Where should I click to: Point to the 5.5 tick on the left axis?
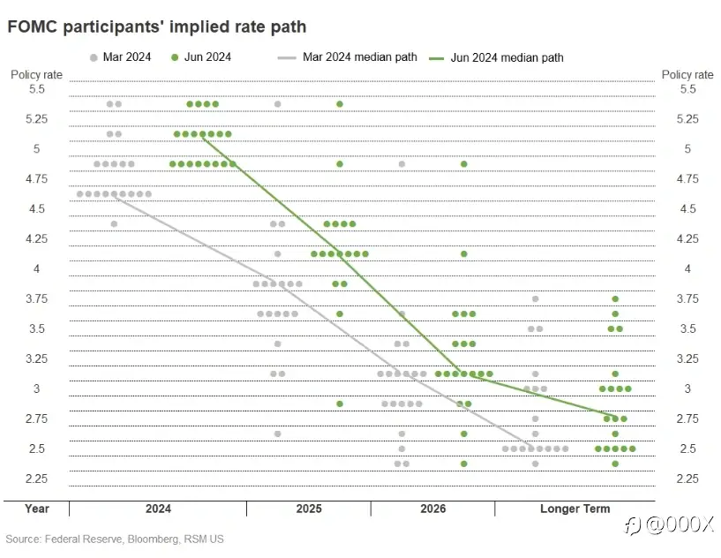coord(36,89)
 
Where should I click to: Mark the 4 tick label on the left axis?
coord(36,268)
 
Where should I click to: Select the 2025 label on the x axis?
coord(309,509)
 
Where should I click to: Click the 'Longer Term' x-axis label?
coord(575,509)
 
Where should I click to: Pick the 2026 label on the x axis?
coord(432,509)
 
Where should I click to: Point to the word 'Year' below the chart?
coord(37,509)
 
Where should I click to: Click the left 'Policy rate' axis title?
coord(36,75)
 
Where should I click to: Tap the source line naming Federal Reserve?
coord(115,538)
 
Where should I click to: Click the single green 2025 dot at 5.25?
coord(340,104)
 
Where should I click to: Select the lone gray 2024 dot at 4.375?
coord(114,224)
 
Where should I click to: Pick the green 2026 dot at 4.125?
coord(464,254)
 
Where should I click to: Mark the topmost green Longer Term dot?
coord(615,299)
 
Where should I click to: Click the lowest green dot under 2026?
coord(464,464)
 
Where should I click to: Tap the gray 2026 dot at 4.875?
coord(402,164)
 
